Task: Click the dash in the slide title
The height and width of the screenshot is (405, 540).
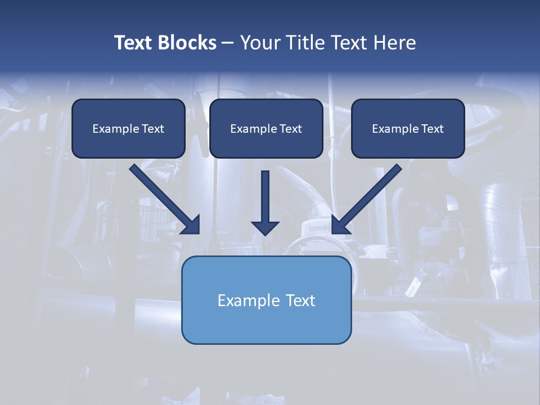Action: point(228,43)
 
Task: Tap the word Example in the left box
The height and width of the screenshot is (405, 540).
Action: point(112,129)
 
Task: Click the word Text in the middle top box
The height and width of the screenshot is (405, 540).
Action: point(291,129)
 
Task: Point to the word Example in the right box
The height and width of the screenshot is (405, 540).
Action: point(391,129)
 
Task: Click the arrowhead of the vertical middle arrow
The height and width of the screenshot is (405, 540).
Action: point(265,227)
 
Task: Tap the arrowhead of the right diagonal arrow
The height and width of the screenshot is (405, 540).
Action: point(340,224)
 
